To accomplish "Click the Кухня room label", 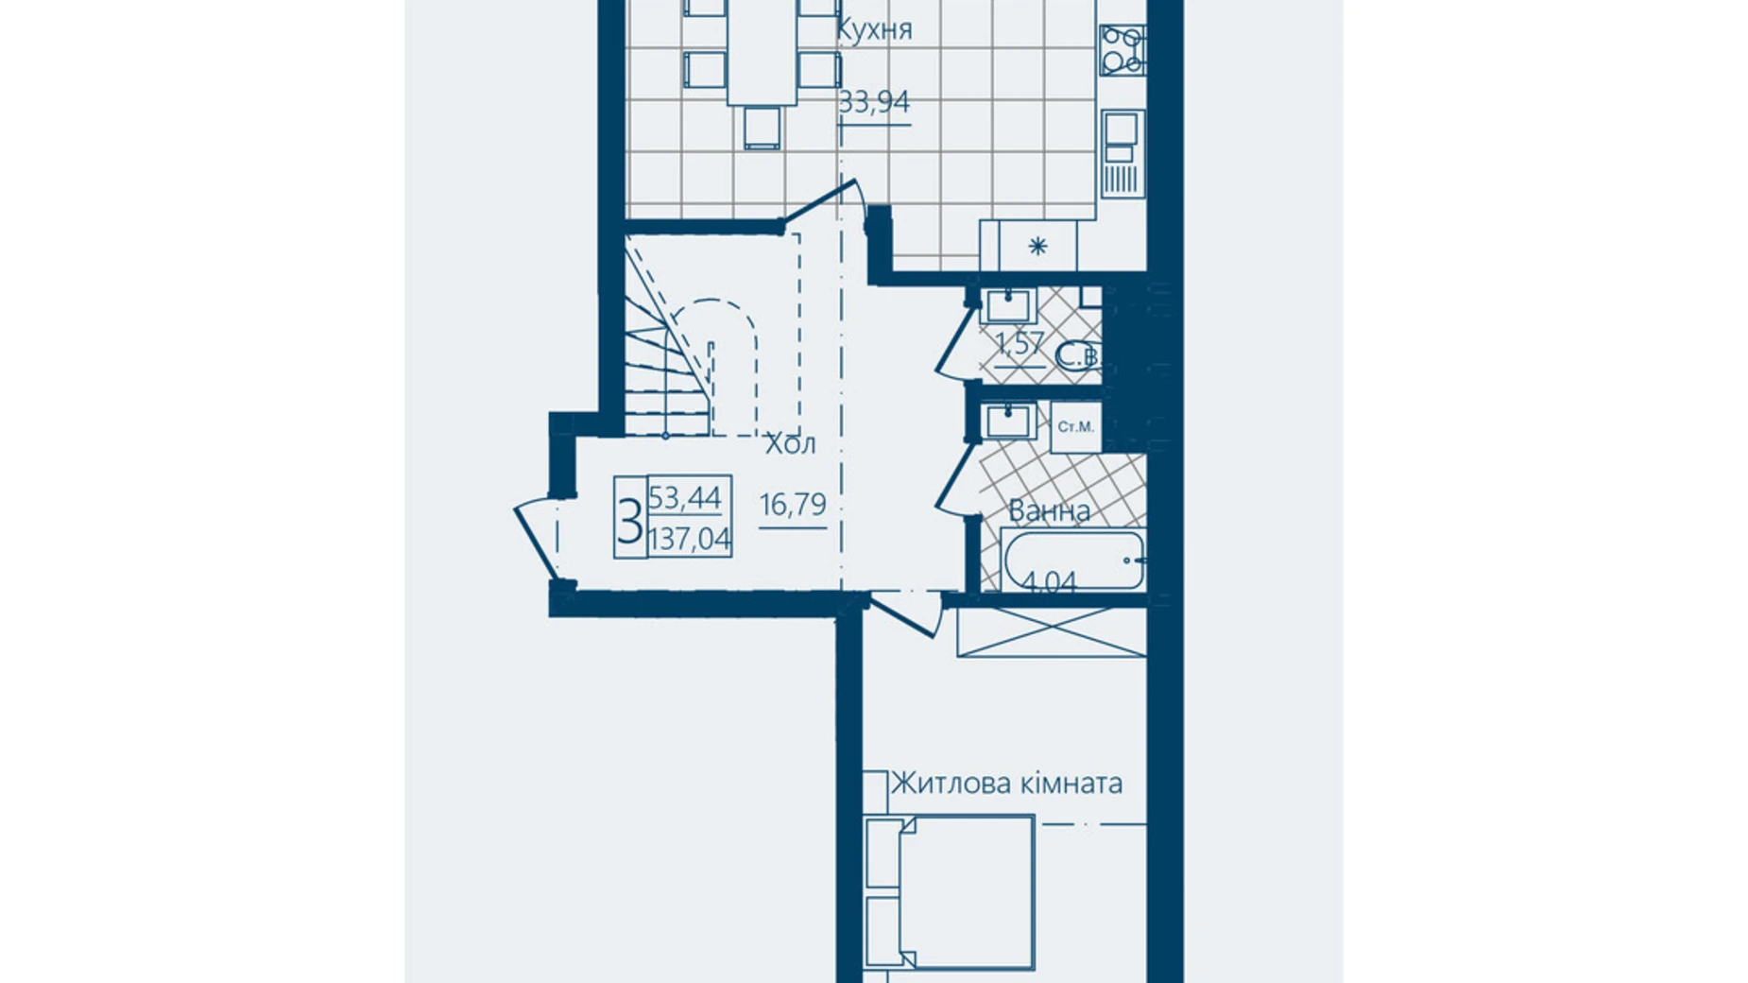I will [x=874, y=30].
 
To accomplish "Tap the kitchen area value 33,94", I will [x=874, y=101].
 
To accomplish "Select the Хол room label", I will [x=790, y=444].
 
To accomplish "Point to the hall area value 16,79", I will [x=793, y=505].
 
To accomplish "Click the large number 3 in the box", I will [x=629, y=519].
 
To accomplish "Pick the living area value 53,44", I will [x=685, y=497].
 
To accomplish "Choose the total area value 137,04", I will [x=690, y=540].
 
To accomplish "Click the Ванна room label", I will [x=1049, y=511].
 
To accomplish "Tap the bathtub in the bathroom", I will [x=1072, y=560].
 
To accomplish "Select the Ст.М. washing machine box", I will [x=1076, y=427].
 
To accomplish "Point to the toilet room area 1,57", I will [x=1019, y=343].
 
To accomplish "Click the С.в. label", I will [x=1076, y=357].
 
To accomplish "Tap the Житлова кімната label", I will [x=1007, y=784].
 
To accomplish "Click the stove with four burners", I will [x=1122, y=50].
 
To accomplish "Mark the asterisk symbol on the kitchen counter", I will [x=1037, y=248].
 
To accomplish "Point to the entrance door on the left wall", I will [x=537, y=539].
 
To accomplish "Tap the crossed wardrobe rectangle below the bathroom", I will [x=1051, y=632].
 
